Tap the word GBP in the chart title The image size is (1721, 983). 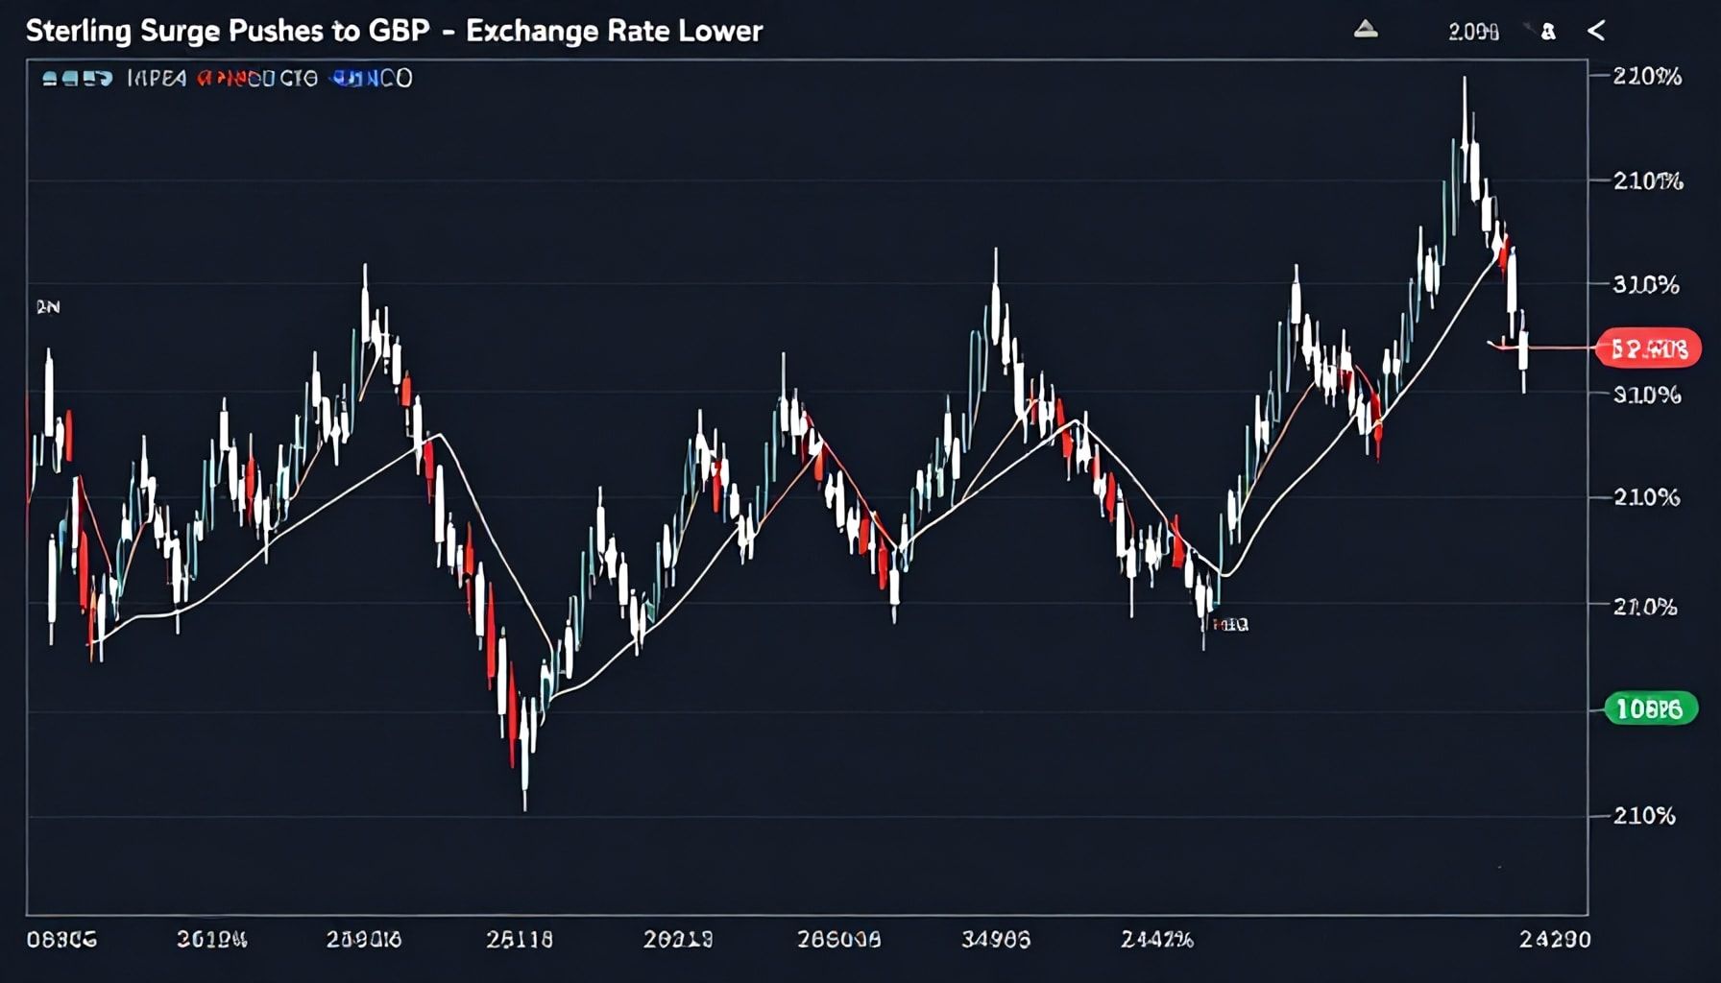point(398,31)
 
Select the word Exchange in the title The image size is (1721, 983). point(533,31)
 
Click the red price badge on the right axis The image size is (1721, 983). point(1647,348)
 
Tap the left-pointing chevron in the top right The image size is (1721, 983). point(1596,32)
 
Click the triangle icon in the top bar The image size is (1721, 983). point(1366,31)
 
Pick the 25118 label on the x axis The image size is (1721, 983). point(519,939)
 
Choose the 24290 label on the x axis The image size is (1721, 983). point(1554,939)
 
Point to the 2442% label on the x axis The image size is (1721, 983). point(1156,939)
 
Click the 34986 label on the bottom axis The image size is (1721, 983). point(996,939)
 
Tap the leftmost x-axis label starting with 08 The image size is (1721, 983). point(61,939)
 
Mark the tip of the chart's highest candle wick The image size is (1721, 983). point(1465,78)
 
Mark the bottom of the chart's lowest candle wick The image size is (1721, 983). point(525,810)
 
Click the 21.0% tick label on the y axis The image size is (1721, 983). point(1646,607)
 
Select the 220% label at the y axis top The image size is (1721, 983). point(1647,77)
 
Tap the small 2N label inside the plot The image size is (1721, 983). point(48,307)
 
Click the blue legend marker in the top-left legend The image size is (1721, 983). point(345,79)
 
